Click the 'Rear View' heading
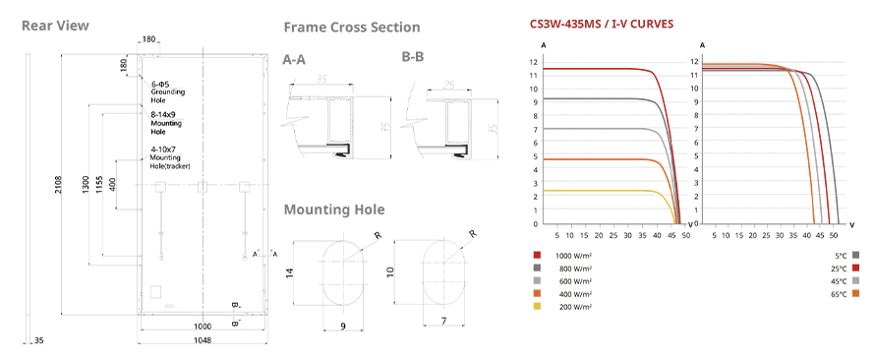(55, 26)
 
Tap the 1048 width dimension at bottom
(203, 341)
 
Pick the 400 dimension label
(113, 184)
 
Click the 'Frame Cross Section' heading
(352, 28)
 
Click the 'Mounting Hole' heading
(333, 210)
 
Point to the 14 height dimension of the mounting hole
(288, 273)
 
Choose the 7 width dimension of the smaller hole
(444, 321)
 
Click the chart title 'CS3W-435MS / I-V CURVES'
(601, 24)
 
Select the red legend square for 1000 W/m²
(537, 255)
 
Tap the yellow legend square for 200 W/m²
(537, 307)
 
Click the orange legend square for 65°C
(855, 293)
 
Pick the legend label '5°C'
(841, 256)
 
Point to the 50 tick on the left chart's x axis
(686, 235)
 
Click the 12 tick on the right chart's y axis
(695, 61)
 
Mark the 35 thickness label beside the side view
(38, 340)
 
